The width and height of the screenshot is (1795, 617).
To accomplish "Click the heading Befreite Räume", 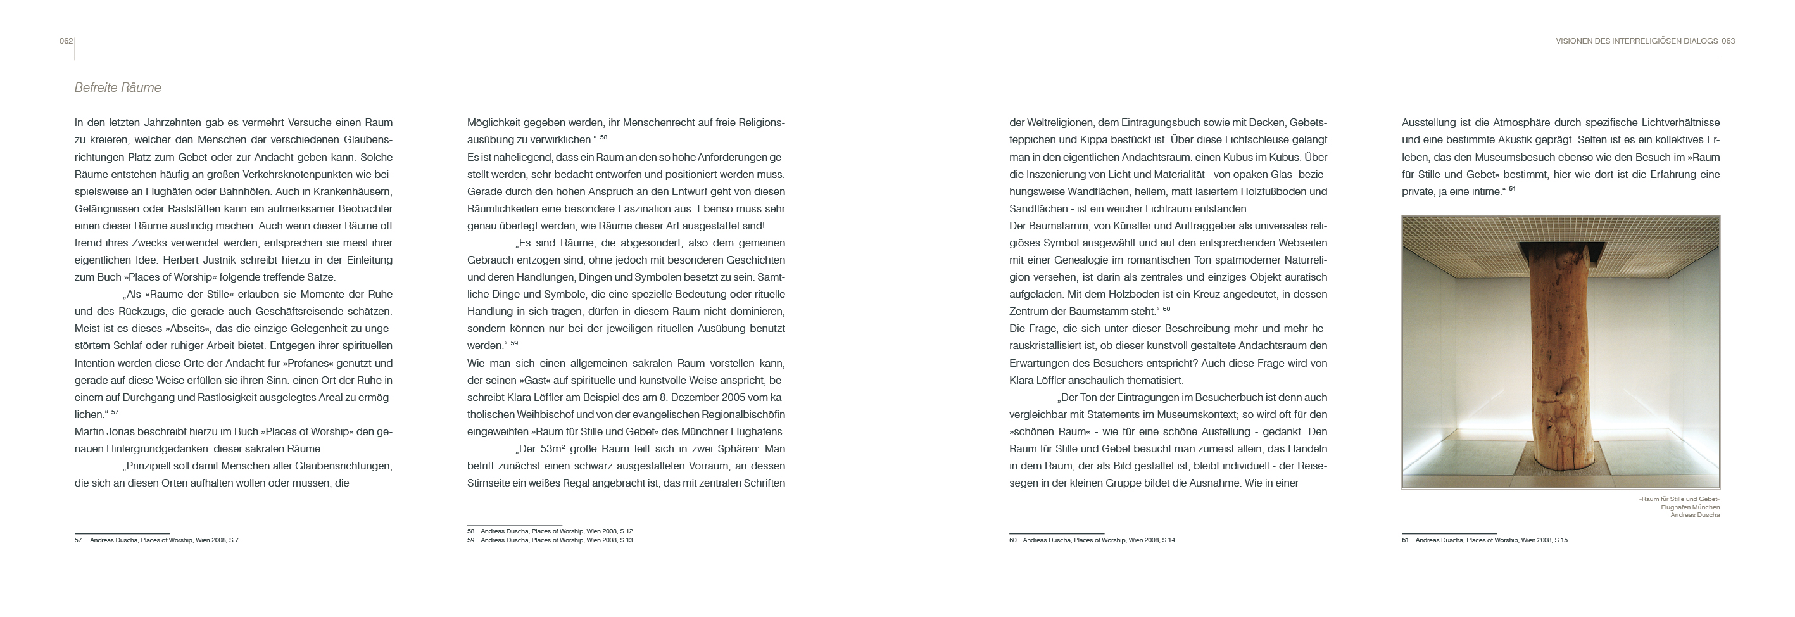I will click(118, 88).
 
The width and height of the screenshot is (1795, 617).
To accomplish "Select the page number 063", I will click(1728, 41).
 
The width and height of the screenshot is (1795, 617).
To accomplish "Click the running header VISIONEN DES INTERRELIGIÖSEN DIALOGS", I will click(1636, 41).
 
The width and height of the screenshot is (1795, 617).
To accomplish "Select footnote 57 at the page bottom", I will click(158, 540).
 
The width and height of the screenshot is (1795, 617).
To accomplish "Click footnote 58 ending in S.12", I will click(550, 531).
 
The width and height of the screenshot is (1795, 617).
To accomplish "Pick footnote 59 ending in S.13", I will click(550, 540).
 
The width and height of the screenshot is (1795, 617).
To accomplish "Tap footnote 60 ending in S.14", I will click(1093, 540).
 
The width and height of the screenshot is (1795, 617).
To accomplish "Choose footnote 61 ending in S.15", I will click(1485, 540).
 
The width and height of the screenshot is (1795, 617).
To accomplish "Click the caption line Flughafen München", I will click(1690, 507).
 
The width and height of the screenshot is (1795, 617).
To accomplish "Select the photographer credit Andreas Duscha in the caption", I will click(1695, 515).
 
